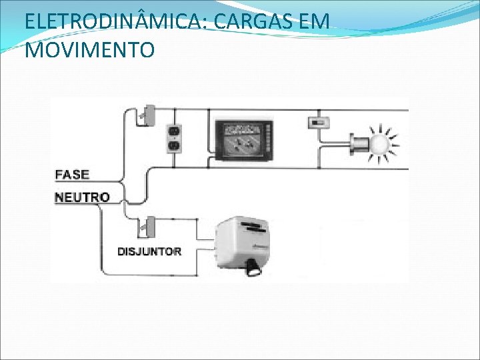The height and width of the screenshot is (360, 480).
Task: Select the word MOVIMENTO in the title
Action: pyautogui.click(x=89, y=50)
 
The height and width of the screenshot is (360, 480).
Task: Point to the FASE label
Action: pyautogui.click(x=72, y=175)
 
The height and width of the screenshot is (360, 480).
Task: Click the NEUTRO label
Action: pyautogui.click(x=81, y=197)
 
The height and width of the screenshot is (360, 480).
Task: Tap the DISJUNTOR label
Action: pyautogui.click(x=149, y=251)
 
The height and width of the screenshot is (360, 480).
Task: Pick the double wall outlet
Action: pyautogui.click(x=173, y=137)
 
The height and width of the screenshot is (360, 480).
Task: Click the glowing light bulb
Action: pyautogui.click(x=381, y=143)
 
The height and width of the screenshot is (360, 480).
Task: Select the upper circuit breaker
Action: pyautogui.click(x=147, y=115)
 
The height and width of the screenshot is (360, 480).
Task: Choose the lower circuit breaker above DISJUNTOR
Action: pyautogui.click(x=147, y=226)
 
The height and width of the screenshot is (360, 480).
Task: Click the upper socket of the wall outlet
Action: pyautogui.click(x=173, y=131)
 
